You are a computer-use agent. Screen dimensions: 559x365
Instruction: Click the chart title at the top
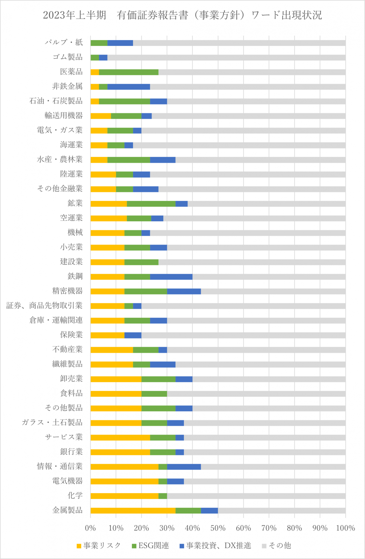pos(182,15)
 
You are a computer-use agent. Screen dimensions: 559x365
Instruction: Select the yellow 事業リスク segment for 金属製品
pos(133,510)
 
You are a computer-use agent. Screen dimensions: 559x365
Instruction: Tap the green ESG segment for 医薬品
pos(129,72)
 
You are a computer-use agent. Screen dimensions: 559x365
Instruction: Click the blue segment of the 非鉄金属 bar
pos(129,87)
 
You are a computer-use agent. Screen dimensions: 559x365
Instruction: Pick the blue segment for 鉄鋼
pos(171,277)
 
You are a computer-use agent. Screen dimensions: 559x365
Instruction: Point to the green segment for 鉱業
pos(151,203)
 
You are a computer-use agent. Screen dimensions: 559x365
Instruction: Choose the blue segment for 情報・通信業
pos(184,467)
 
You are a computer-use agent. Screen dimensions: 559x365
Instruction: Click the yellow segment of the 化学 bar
pos(124,496)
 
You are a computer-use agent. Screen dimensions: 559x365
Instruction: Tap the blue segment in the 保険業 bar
pos(133,335)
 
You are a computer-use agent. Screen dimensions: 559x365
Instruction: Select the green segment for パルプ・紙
pos(99,43)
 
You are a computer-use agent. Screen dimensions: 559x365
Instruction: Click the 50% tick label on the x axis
pos(218,528)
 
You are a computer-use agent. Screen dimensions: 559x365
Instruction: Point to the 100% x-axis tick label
pos(345,528)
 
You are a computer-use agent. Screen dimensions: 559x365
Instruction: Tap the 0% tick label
pos(90,528)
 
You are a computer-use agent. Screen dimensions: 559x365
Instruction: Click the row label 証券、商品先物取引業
pos(44,306)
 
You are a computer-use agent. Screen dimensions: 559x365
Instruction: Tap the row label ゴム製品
pos(68,57)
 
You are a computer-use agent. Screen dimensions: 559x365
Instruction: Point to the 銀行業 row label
pos(71,452)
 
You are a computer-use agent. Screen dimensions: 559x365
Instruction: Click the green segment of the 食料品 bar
pos(154,393)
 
